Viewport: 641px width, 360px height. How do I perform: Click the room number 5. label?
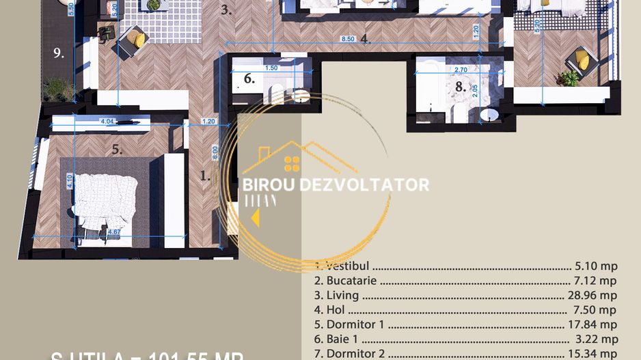click(117, 150)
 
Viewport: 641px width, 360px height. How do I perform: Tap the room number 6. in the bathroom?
click(249, 79)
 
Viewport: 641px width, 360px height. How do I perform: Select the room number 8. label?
click(461, 87)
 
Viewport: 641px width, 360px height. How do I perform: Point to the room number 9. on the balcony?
click(59, 53)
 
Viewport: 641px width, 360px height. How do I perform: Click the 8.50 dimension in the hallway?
click(349, 40)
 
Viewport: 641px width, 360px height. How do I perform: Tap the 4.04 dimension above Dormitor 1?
click(107, 122)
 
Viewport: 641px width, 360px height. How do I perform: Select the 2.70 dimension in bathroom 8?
click(461, 70)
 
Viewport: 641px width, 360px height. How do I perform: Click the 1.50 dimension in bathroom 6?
click(271, 68)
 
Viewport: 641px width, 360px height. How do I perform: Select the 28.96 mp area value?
click(595, 296)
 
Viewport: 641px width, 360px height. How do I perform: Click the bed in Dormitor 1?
click(103, 202)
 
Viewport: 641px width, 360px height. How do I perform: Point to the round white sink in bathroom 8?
click(489, 115)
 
